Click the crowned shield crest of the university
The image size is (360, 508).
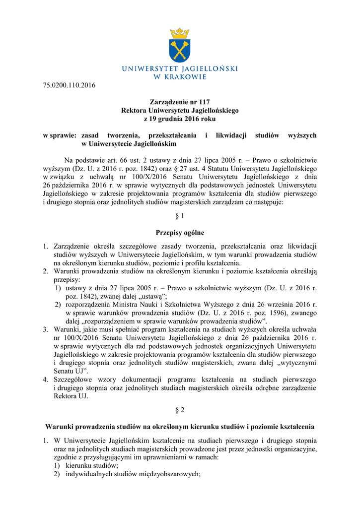click(x=179, y=45)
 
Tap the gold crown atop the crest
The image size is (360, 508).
click(x=179, y=33)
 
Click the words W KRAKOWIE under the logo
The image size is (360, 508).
click(x=180, y=76)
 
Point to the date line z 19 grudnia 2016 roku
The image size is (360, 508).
click(x=180, y=119)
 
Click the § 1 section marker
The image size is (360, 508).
click(x=180, y=217)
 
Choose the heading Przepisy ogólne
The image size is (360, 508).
click(x=180, y=232)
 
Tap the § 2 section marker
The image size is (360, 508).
click(x=180, y=411)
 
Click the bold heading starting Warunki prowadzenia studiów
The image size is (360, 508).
click(x=180, y=427)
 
